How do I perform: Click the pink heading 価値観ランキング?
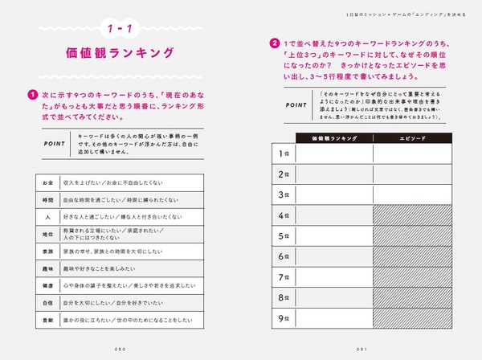click(x=121, y=54)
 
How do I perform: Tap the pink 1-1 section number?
click(x=121, y=30)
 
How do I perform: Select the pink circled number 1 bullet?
click(x=33, y=92)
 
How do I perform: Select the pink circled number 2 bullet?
click(x=275, y=43)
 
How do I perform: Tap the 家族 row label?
click(x=48, y=251)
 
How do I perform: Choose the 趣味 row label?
click(x=48, y=268)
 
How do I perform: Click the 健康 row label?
click(x=48, y=285)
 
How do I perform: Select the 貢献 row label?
click(x=48, y=320)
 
